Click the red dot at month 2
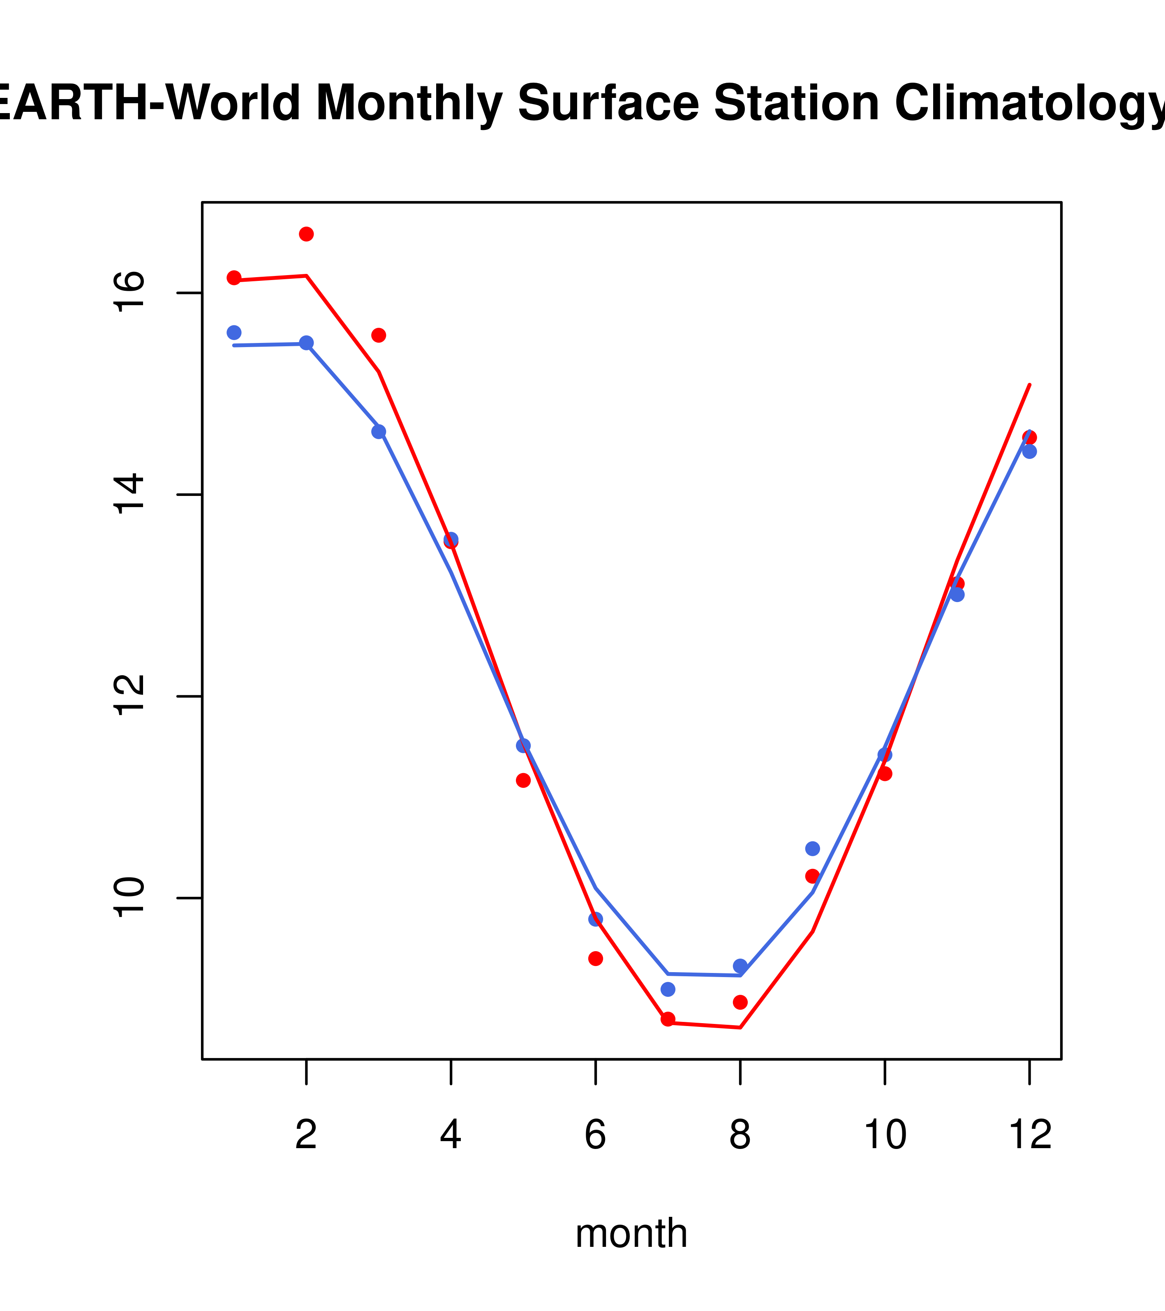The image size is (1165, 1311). tap(307, 234)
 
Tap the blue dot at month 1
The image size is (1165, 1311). tap(234, 332)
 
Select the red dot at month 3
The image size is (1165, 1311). tap(379, 336)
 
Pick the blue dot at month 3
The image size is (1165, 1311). tap(379, 432)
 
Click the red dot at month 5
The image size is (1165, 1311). tap(523, 780)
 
